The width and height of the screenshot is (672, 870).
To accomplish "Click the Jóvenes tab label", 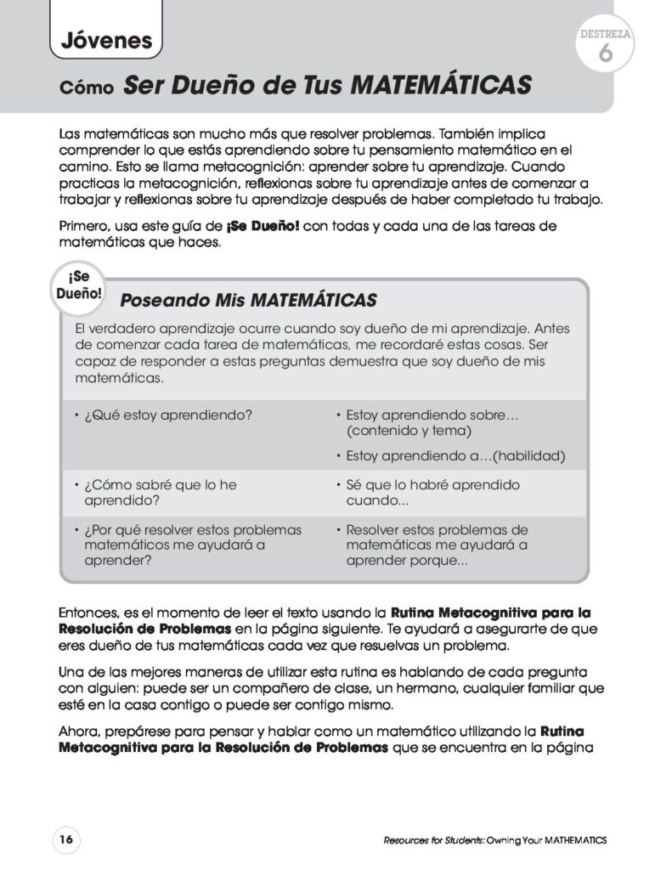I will [106, 39].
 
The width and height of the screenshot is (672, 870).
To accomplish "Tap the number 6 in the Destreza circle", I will [605, 54].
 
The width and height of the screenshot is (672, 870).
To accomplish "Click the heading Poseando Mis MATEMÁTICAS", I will [249, 300].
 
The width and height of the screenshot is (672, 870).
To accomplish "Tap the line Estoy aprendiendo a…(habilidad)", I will [455, 455].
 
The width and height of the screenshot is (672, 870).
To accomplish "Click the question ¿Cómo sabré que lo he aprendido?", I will [160, 492].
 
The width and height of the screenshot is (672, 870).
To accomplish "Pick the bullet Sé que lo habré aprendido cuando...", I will [432, 492].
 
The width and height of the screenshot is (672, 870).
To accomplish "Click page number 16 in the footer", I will [65, 839].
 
